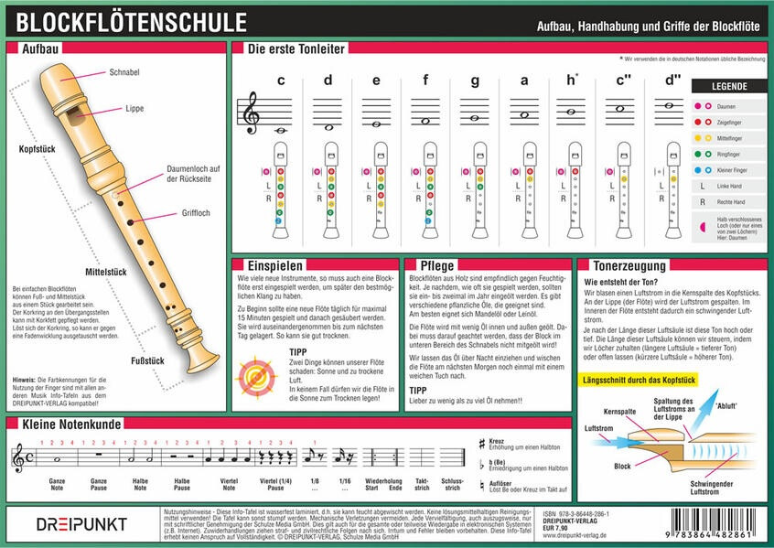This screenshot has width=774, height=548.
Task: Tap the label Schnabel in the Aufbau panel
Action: coord(125,71)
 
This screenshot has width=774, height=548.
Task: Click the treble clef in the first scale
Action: coord(247,113)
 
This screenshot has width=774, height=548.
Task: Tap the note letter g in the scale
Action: coord(475,80)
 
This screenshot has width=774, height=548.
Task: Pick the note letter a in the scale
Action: coord(524,80)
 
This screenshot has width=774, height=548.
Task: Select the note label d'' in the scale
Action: coord(673,80)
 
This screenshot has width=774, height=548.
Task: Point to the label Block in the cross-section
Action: coord(622,466)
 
